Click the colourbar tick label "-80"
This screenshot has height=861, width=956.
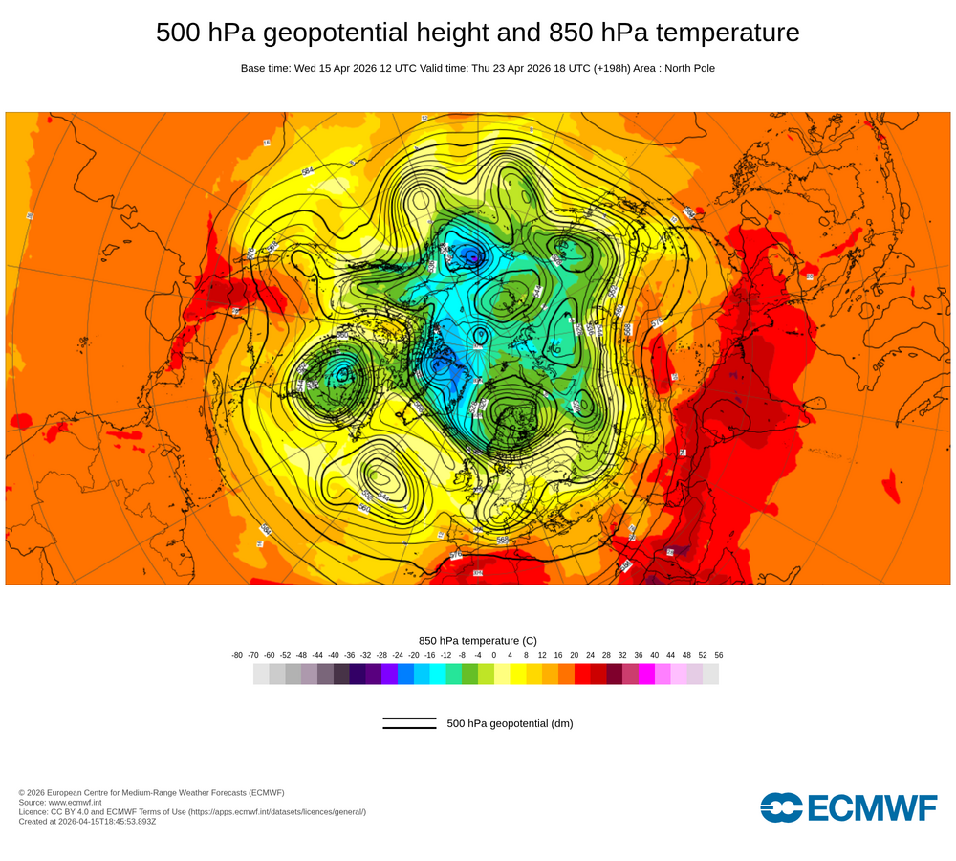point(237,655)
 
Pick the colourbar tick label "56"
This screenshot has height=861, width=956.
point(718,655)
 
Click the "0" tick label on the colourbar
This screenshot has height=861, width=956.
point(494,655)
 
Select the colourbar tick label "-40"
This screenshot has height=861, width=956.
point(334,655)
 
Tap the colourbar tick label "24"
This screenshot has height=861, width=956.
point(590,655)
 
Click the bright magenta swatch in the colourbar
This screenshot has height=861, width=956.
point(646,674)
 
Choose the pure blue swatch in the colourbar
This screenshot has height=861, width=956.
point(405,674)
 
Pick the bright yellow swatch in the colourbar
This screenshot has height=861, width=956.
point(518,674)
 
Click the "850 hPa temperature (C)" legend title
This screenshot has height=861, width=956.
point(478,641)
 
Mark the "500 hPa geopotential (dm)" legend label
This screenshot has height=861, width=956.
point(510,723)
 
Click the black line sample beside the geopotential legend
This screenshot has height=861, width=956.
point(409,724)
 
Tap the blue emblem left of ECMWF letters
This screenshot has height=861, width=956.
point(781,808)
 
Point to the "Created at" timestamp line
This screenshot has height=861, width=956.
point(87,821)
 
